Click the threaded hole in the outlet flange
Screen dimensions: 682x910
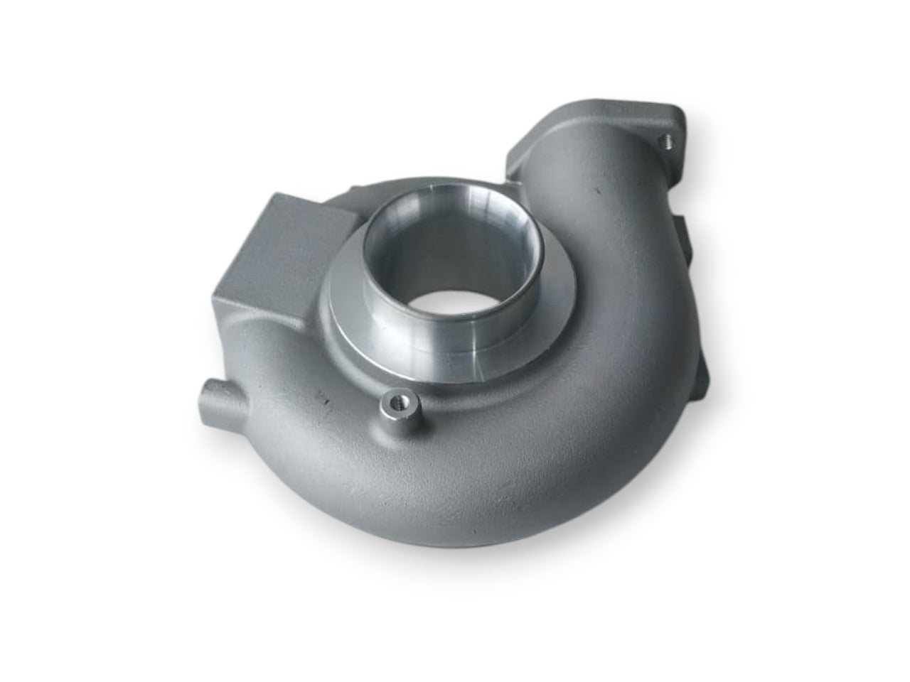(666, 140)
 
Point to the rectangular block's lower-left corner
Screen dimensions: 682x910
(213, 301)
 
